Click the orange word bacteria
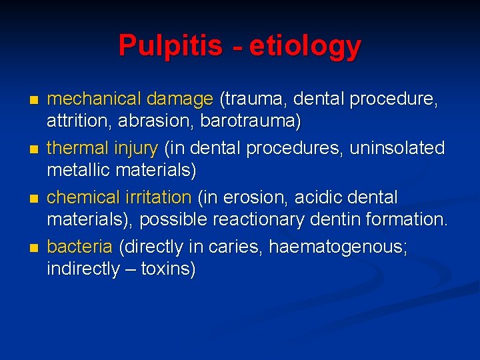tap(79, 247)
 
